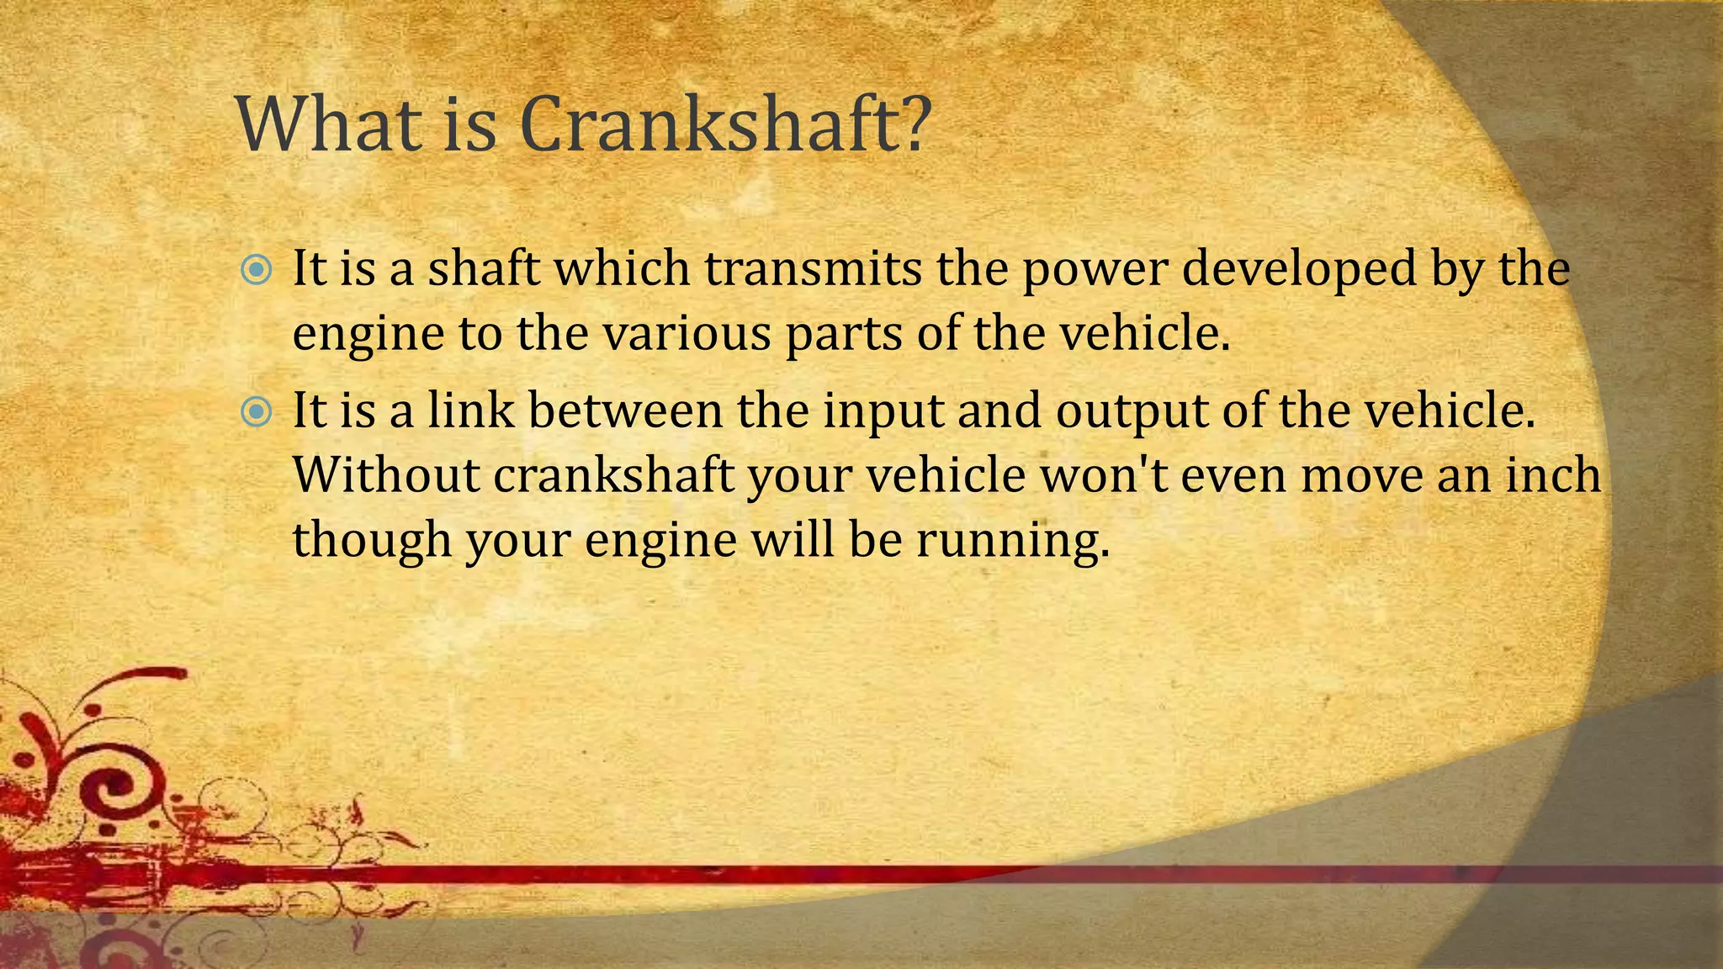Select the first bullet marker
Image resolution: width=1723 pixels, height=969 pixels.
[256, 270]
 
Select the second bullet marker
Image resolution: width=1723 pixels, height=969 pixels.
[256, 412]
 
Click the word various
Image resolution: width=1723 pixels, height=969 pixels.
[687, 333]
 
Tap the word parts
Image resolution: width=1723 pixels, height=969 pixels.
[844, 335]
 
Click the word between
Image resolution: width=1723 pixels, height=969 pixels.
[626, 410]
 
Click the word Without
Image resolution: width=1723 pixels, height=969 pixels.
[386, 474]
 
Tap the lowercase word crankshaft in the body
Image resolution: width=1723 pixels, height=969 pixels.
[613, 474]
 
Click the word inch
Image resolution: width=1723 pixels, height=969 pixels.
[1553, 474]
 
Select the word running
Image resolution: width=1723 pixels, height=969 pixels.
[1008, 540]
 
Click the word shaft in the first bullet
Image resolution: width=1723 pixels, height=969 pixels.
[483, 269]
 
